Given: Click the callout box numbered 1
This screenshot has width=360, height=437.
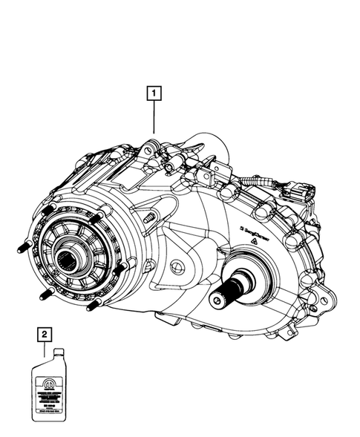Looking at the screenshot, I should tap(154, 93).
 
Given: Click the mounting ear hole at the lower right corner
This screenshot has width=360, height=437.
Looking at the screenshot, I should tap(315, 306).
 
